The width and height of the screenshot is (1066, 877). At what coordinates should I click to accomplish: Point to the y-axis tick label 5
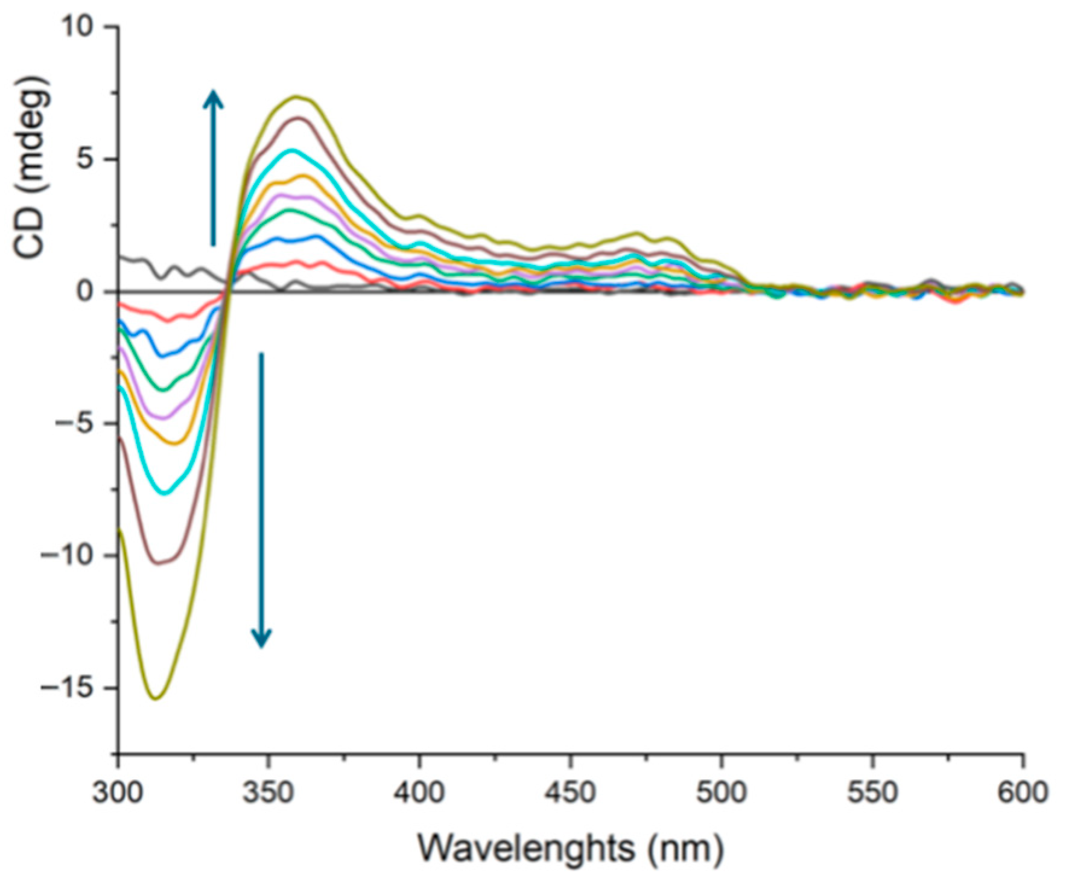[x=90, y=159]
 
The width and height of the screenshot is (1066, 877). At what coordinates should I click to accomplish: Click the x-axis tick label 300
[x=118, y=792]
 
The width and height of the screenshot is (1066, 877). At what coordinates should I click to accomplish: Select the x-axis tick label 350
[x=269, y=792]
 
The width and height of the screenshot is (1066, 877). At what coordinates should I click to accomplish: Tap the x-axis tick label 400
[x=420, y=792]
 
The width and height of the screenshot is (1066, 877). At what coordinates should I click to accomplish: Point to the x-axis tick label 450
[x=571, y=792]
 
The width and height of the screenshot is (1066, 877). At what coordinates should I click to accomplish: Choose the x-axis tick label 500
[x=722, y=792]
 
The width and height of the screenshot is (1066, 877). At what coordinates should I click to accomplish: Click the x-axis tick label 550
[x=872, y=792]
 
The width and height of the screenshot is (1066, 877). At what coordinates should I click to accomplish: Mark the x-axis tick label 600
[x=1022, y=792]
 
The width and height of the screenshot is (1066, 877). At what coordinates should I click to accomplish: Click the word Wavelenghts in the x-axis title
[x=527, y=848]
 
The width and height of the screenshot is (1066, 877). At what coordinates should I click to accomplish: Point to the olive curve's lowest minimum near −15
[x=156, y=698]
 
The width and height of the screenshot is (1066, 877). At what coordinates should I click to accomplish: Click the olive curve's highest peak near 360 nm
[x=296, y=97]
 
